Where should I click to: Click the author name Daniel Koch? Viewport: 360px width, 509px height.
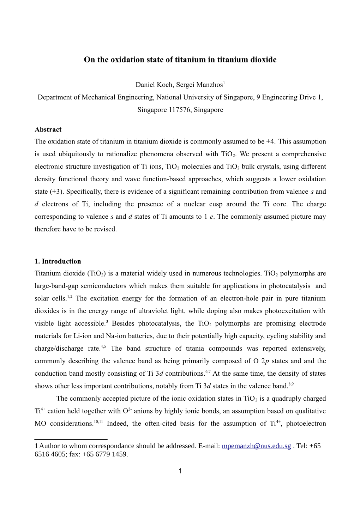point(150,85)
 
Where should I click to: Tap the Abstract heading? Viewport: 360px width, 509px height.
point(48,129)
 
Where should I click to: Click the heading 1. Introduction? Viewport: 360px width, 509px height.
point(58,261)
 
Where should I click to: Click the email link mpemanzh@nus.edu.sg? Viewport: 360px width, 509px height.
point(257,446)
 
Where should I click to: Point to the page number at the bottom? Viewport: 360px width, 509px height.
point(180,471)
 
